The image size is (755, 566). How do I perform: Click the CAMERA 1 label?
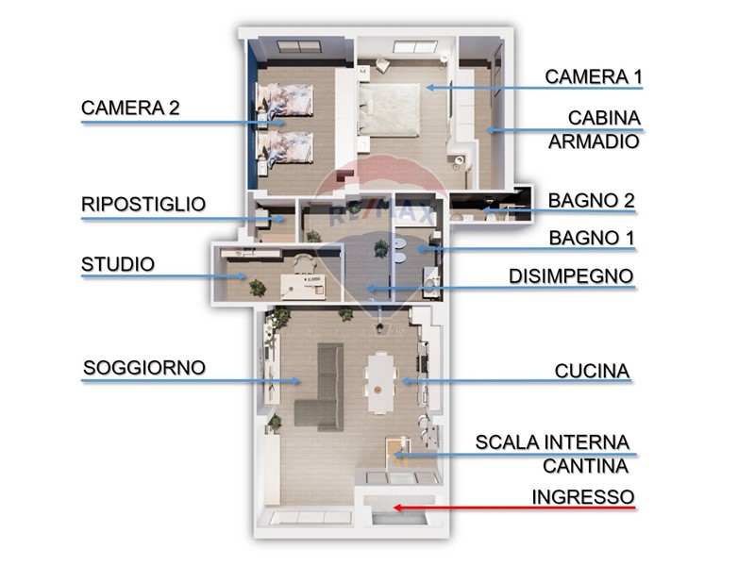[594, 77]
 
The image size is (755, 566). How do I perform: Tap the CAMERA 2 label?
[130, 108]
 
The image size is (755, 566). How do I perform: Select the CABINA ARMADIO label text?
[595, 129]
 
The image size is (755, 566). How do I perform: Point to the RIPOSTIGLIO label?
[143, 204]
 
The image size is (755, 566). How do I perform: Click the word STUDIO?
[118, 264]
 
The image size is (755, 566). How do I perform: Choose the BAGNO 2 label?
[592, 201]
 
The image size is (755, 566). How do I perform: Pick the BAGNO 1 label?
[592, 238]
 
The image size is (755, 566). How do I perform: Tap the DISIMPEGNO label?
[571, 276]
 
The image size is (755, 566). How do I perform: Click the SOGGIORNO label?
[144, 368]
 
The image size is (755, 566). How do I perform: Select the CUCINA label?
[593, 371]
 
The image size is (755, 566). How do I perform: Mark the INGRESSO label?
[583, 497]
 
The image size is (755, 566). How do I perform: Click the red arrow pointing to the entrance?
[514, 508]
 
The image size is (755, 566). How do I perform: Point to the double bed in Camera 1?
[389, 109]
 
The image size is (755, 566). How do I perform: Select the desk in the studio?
[303, 287]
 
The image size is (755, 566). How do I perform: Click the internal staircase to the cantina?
[398, 454]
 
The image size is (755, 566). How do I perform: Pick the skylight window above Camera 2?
[299, 46]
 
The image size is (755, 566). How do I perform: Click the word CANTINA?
[585, 466]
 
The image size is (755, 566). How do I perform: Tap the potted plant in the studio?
[257, 289]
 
